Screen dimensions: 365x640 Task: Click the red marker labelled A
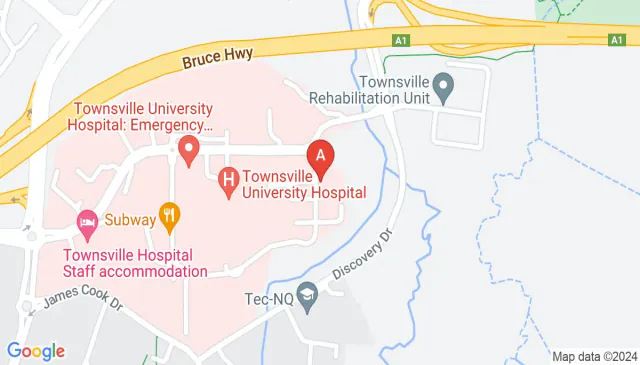click(x=320, y=157)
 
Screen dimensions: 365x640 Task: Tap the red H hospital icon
click(x=228, y=180)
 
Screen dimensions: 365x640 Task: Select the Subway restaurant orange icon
click(x=169, y=213)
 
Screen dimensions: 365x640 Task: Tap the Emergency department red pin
click(x=187, y=151)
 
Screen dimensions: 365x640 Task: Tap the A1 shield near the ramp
click(x=400, y=39)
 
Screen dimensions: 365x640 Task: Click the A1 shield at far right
click(x=617, y=39)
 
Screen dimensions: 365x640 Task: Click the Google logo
click(x=35, y=350)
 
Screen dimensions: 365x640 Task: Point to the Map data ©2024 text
click(x=594, y=356)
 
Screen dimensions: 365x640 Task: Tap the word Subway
click(x=130, y=213)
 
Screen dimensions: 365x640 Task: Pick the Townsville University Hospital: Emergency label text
click(x=142, y=117)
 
